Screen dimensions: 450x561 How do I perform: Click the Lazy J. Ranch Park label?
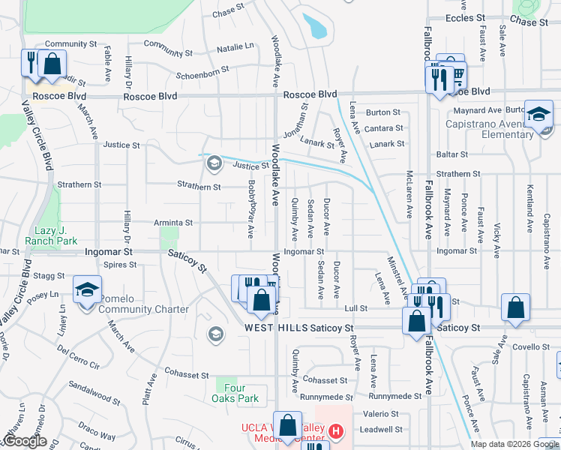pyautogui.click(x=55, y=236)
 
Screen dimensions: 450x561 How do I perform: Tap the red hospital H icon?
pyautogui.click(x=336, y=432)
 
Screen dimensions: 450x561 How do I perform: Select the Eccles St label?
pyautogui.click(x=470, y=18)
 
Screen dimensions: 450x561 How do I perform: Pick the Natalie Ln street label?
pyautogui.click(x=235, y=47)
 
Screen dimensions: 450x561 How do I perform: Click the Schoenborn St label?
pyautogui.click(x=202, y=73)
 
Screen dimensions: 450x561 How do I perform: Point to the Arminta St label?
pyautogui.click(x=173, y=223)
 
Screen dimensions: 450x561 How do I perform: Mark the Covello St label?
pyautogui.click(x=532, y=346)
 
